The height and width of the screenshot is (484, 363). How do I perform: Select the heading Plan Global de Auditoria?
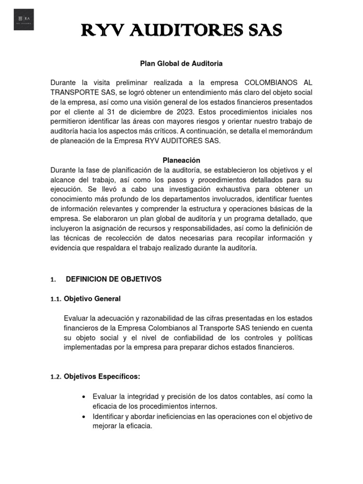point(181,63)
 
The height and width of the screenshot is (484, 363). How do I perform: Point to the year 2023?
point(185,112)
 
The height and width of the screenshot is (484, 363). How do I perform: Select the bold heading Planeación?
point(181,160)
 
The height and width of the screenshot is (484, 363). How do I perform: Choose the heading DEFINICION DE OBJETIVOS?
point(113,279)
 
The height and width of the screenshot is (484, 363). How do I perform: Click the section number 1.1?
point(55,299)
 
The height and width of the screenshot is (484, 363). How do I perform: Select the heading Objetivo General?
point(92,299)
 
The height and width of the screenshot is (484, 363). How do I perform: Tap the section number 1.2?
point(55,377)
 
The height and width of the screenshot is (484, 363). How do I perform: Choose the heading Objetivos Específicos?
point(102,376)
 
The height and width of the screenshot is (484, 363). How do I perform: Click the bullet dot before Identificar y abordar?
point(83,417)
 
